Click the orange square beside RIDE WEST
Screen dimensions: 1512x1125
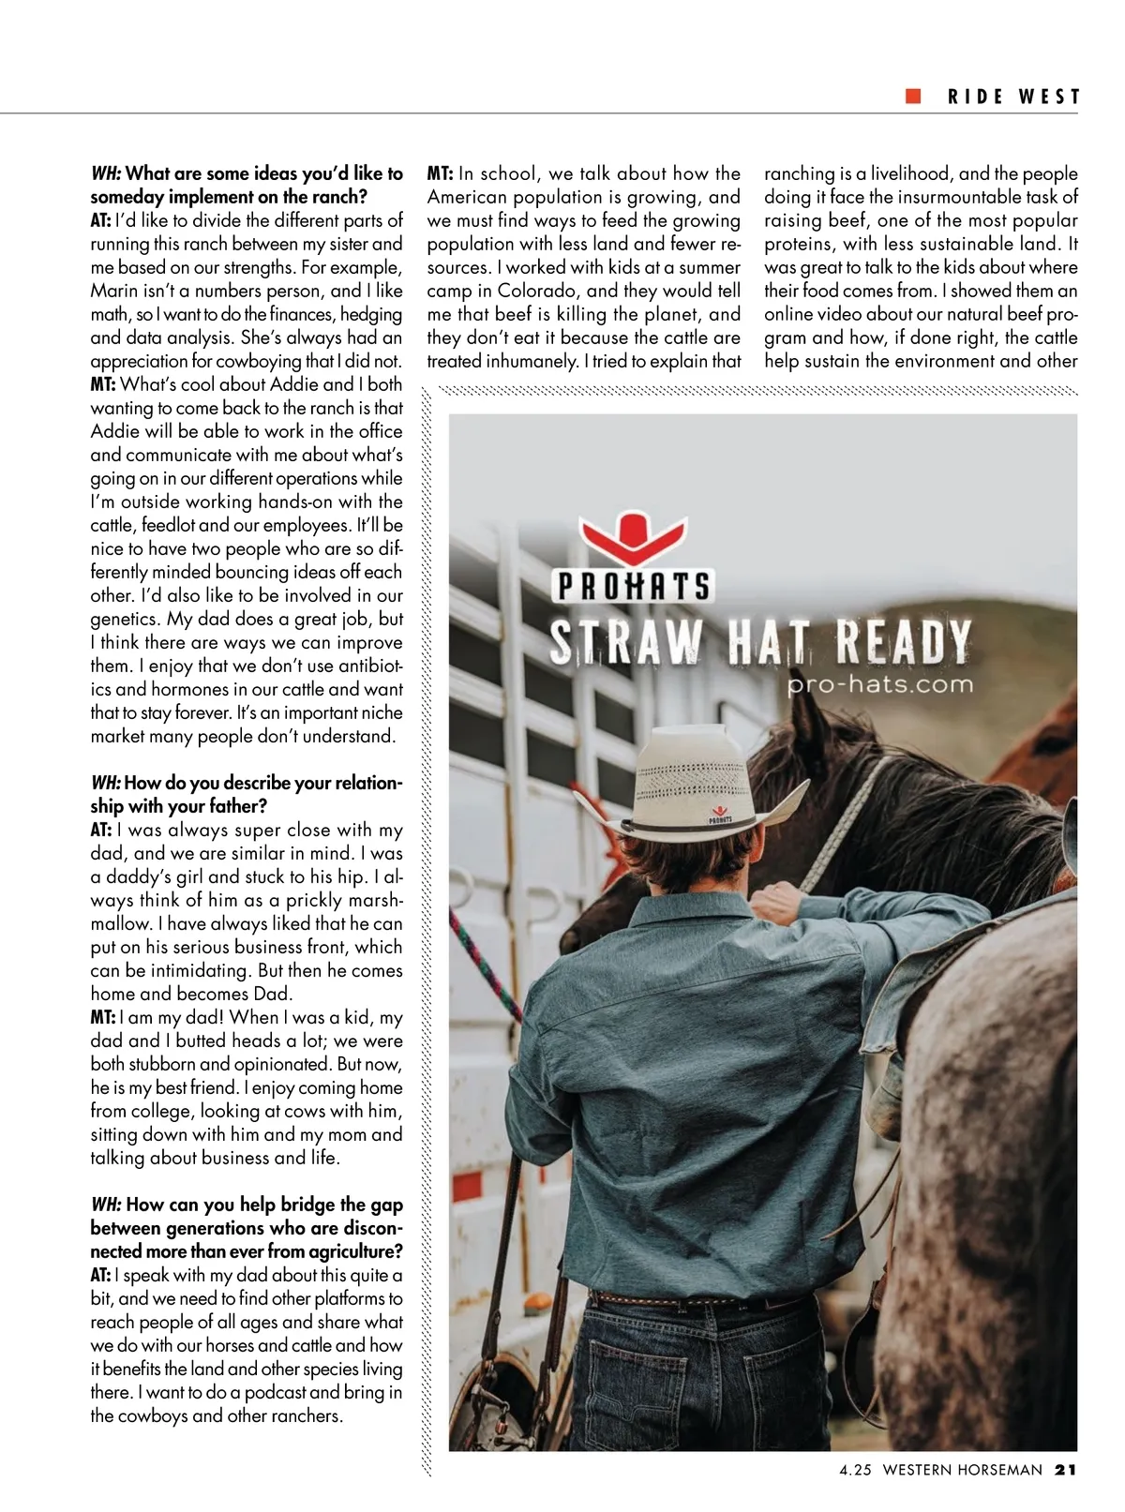click(913, 97)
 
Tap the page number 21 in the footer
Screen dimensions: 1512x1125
click(1065, 1470)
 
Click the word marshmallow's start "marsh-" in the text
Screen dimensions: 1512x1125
click(375, 900)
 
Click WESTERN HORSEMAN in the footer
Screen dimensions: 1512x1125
click(962, 1470)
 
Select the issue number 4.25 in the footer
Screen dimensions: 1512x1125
click(855, 1470)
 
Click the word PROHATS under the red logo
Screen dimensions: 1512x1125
click(634, 587)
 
